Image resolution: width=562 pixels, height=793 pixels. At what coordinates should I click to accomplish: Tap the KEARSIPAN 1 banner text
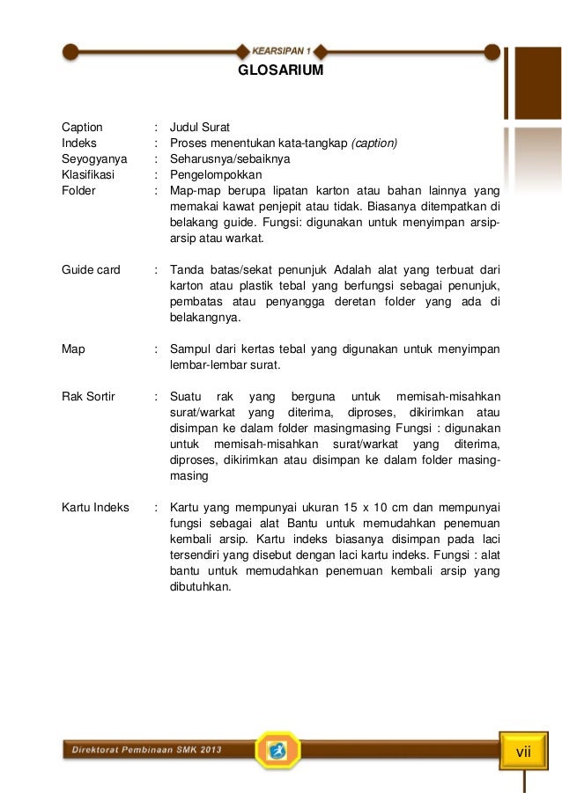281,49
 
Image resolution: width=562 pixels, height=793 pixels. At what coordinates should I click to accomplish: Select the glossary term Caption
82,127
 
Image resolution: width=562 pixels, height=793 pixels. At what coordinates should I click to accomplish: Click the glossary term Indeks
79,143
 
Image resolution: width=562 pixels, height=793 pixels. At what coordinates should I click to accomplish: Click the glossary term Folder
78,190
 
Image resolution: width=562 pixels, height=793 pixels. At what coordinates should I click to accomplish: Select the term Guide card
91,270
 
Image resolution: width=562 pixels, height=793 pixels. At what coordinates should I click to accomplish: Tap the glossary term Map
73,349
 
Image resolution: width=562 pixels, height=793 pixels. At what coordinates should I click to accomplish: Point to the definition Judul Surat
200,127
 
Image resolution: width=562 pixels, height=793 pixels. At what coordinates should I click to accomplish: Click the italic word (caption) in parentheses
374,143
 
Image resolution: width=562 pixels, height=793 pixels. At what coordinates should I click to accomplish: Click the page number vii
524,752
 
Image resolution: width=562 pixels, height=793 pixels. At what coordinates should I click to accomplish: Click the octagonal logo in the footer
278,750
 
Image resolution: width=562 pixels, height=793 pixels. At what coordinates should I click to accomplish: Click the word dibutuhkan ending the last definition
199,587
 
